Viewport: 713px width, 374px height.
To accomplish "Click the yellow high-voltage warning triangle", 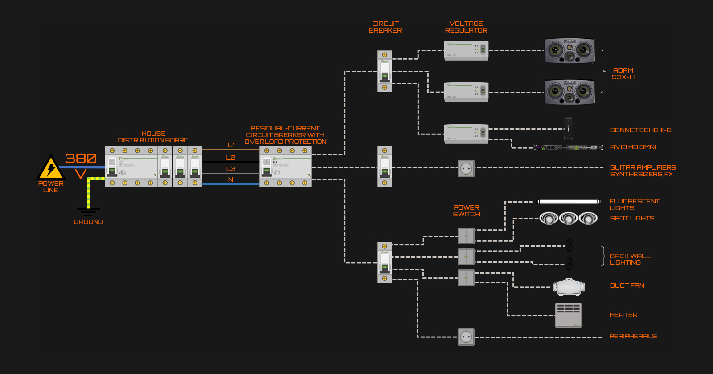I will [x=51, y=168].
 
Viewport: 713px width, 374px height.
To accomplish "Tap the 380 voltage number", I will [x=81, y=159].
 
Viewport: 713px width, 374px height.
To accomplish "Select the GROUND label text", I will [x=88, y=222].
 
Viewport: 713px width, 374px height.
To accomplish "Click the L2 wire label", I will [x=230, y=158].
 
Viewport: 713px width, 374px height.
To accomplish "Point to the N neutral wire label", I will [x=230, y=179].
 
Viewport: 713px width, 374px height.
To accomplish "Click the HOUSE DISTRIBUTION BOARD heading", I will [x=153, y=137].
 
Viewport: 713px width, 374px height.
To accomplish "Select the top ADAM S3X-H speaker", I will [x=569, y=50].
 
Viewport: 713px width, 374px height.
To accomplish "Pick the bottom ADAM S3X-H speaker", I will [x=569, y=92].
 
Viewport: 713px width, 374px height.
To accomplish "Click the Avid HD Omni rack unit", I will [x=568, y=147].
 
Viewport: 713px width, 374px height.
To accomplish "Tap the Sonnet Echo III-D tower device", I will [x=568, y=129].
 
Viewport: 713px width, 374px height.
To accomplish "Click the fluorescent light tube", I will [x=568, y=202].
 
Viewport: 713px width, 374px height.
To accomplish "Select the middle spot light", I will [x=569, y=219].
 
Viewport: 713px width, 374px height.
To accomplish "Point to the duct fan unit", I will [x=569, y=287].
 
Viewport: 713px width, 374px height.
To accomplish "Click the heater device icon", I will [x=568, y=315].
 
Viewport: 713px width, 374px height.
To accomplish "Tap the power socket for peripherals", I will [x=466, y=337].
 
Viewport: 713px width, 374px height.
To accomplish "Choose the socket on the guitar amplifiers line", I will [x=466, y=168].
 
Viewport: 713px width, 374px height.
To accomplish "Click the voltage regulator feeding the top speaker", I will [x=466, y=50].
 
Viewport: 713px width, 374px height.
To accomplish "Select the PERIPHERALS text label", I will [x=633, y=336].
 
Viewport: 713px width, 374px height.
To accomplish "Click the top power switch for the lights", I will [x=466, y=236].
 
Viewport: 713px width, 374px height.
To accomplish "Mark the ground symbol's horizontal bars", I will [x=88, y=212].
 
